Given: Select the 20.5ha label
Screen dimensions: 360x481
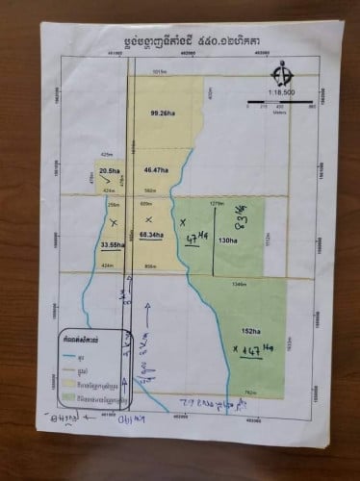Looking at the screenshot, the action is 109,171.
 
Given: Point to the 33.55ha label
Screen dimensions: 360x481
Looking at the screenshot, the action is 113,245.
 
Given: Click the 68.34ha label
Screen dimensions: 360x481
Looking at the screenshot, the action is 149,234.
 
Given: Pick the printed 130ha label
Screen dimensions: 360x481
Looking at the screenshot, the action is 228,240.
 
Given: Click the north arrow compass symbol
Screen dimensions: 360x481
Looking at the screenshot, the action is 281,73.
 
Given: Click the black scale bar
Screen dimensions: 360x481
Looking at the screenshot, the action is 280,101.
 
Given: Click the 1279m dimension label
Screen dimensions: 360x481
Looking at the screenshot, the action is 217,203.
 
